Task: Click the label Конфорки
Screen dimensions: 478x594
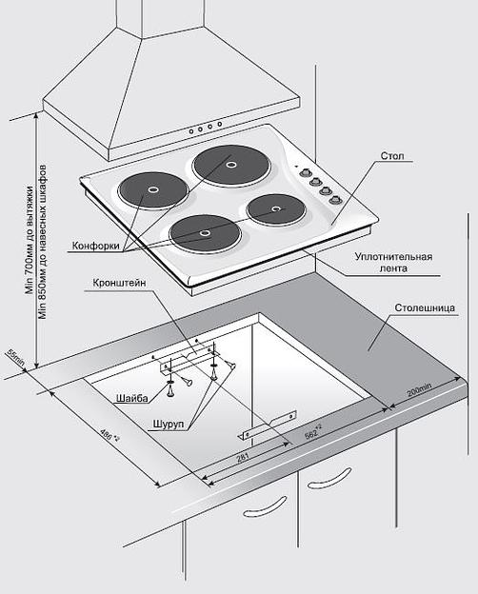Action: (x=95, y=246)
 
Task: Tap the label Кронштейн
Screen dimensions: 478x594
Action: (x=119, y=283)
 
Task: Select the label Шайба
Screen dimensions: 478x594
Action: (x=132, y=398)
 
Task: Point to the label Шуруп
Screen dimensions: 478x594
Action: (x=169, y=424)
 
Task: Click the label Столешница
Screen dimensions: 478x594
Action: (x=425, y=307)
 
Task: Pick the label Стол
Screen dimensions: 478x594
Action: (x=392, y=156)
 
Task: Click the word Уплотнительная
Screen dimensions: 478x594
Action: (x=393, y=257)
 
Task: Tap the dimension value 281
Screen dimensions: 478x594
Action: (x=243, y=458)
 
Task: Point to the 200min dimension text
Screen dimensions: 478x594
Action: (x=419, y=390)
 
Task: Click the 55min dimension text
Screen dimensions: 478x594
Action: (x=15, y=358)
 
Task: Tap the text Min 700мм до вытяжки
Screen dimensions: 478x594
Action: (x=30, y=240)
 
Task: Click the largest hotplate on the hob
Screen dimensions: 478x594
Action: (x=231, y=166)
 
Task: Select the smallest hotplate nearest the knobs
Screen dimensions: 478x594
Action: (x=276, y=208)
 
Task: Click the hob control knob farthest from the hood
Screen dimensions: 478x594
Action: (x=334, y=199)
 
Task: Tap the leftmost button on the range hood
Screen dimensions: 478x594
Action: (x=191, y=131)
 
